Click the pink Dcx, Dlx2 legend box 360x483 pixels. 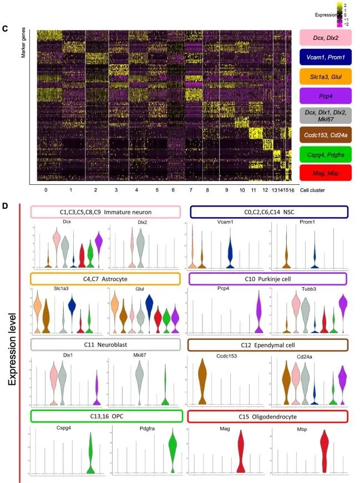pyautogui.click(x=326, y=38)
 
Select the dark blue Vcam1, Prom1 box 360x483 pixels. pyautogui.click(x=326, y=57)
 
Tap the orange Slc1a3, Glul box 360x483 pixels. pyautogui.click(x=326, y=77)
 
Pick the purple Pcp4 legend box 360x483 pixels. pyautogui.click(x=326, y=96)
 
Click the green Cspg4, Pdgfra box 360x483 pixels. pyautogui.click(x=326, y=154)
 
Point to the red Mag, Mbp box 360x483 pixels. pyautogui.click(x=326, y=173)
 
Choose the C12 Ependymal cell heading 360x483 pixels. pyautogui.click(x=268, y=345)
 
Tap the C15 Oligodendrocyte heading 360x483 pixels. pyautogui.click(x=268, y=416)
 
